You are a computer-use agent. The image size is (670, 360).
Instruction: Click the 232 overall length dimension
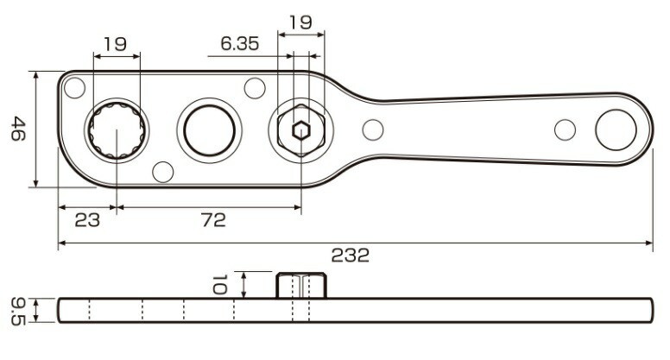(x=350, y=256)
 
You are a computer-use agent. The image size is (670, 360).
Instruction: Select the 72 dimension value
(x=212, y=220)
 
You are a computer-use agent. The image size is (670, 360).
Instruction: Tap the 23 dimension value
(x=86, y=220)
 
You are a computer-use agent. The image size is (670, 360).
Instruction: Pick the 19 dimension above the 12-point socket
(x=117, y=42)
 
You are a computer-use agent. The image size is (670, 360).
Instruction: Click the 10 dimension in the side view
(x=220, y=283)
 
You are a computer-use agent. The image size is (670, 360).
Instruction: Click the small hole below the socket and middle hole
(x=162, y=172)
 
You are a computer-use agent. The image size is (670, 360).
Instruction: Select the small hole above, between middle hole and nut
(x=254, y=88)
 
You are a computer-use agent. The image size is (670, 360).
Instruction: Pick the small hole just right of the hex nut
(x=372, y=130)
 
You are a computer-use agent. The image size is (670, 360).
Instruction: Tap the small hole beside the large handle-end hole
(x=565, y=130)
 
